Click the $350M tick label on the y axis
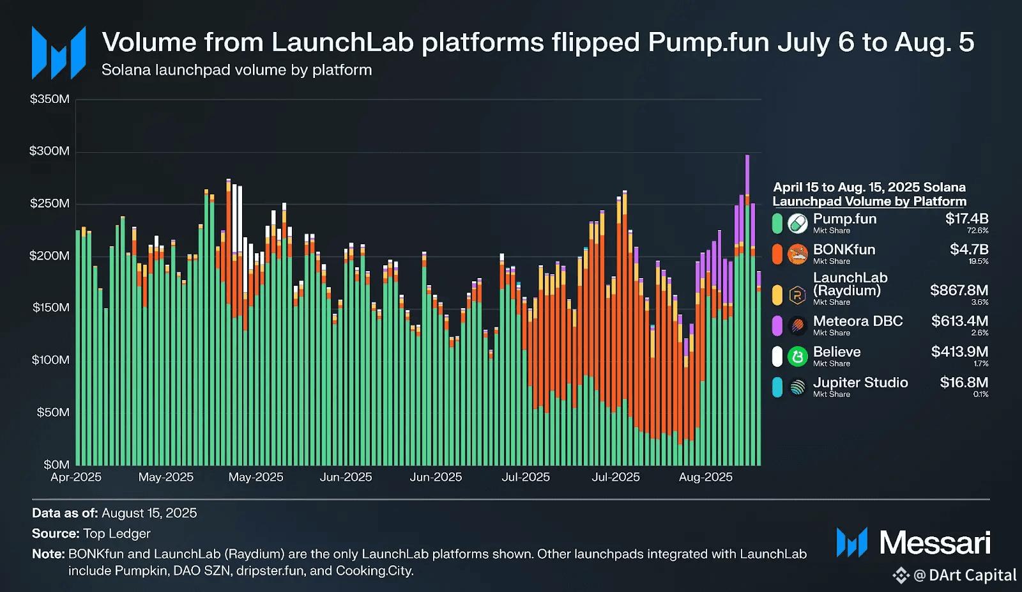click(x=49, y=99)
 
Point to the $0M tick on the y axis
click(x=56, y=465)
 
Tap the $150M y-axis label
click(x=50, y=308)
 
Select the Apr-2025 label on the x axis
click(x=76, y=478)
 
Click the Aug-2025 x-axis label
click(x=705, y=478)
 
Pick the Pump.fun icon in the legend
click(x=797, y=223)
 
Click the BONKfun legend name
click(x=844, y=249)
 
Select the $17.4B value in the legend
click(x=966, y=219)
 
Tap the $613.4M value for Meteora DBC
click(x=959, y=321)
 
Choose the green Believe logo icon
click(x=797, y=356)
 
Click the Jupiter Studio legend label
click(x=860, y=382)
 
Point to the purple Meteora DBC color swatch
click(x=777, y=325)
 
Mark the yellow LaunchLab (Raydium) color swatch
click(x=777, y=295)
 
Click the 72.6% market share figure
click(x=977, y=231)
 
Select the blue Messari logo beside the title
click(x=59, y=53)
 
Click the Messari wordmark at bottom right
click(x=934, y=543)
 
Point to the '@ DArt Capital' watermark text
click(x=965, y=575)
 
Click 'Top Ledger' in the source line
click(x=117, y=534)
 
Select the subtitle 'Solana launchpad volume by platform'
click(x=236, y=70)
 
